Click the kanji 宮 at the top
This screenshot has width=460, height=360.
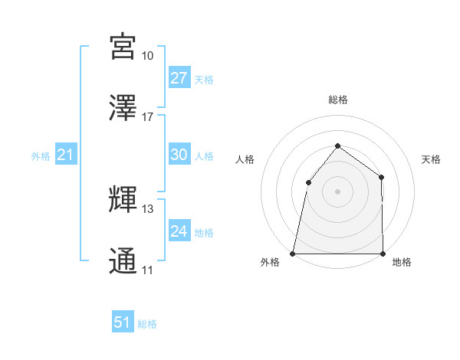[123, 47]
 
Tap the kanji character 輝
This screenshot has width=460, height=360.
[123, 199]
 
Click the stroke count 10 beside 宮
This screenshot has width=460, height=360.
[147, 56]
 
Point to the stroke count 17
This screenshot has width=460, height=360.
[147, 117]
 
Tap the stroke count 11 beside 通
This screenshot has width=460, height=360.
[147, 270]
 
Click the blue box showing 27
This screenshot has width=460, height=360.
[179, 78]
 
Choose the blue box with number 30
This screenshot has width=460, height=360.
[179, 155]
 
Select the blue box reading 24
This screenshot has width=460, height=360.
[179, 231]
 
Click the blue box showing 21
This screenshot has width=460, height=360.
[66, 155]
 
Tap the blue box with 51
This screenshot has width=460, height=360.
[123, 322]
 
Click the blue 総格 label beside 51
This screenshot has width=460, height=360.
[147, 324]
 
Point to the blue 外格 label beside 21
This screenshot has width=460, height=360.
[41, 156]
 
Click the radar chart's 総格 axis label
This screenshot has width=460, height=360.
[337, 100]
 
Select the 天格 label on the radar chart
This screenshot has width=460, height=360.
[431, 159]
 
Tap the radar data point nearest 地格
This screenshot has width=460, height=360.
[383, 253]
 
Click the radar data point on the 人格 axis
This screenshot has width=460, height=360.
[308, 182]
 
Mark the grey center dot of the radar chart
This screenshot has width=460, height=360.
[337, 191]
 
